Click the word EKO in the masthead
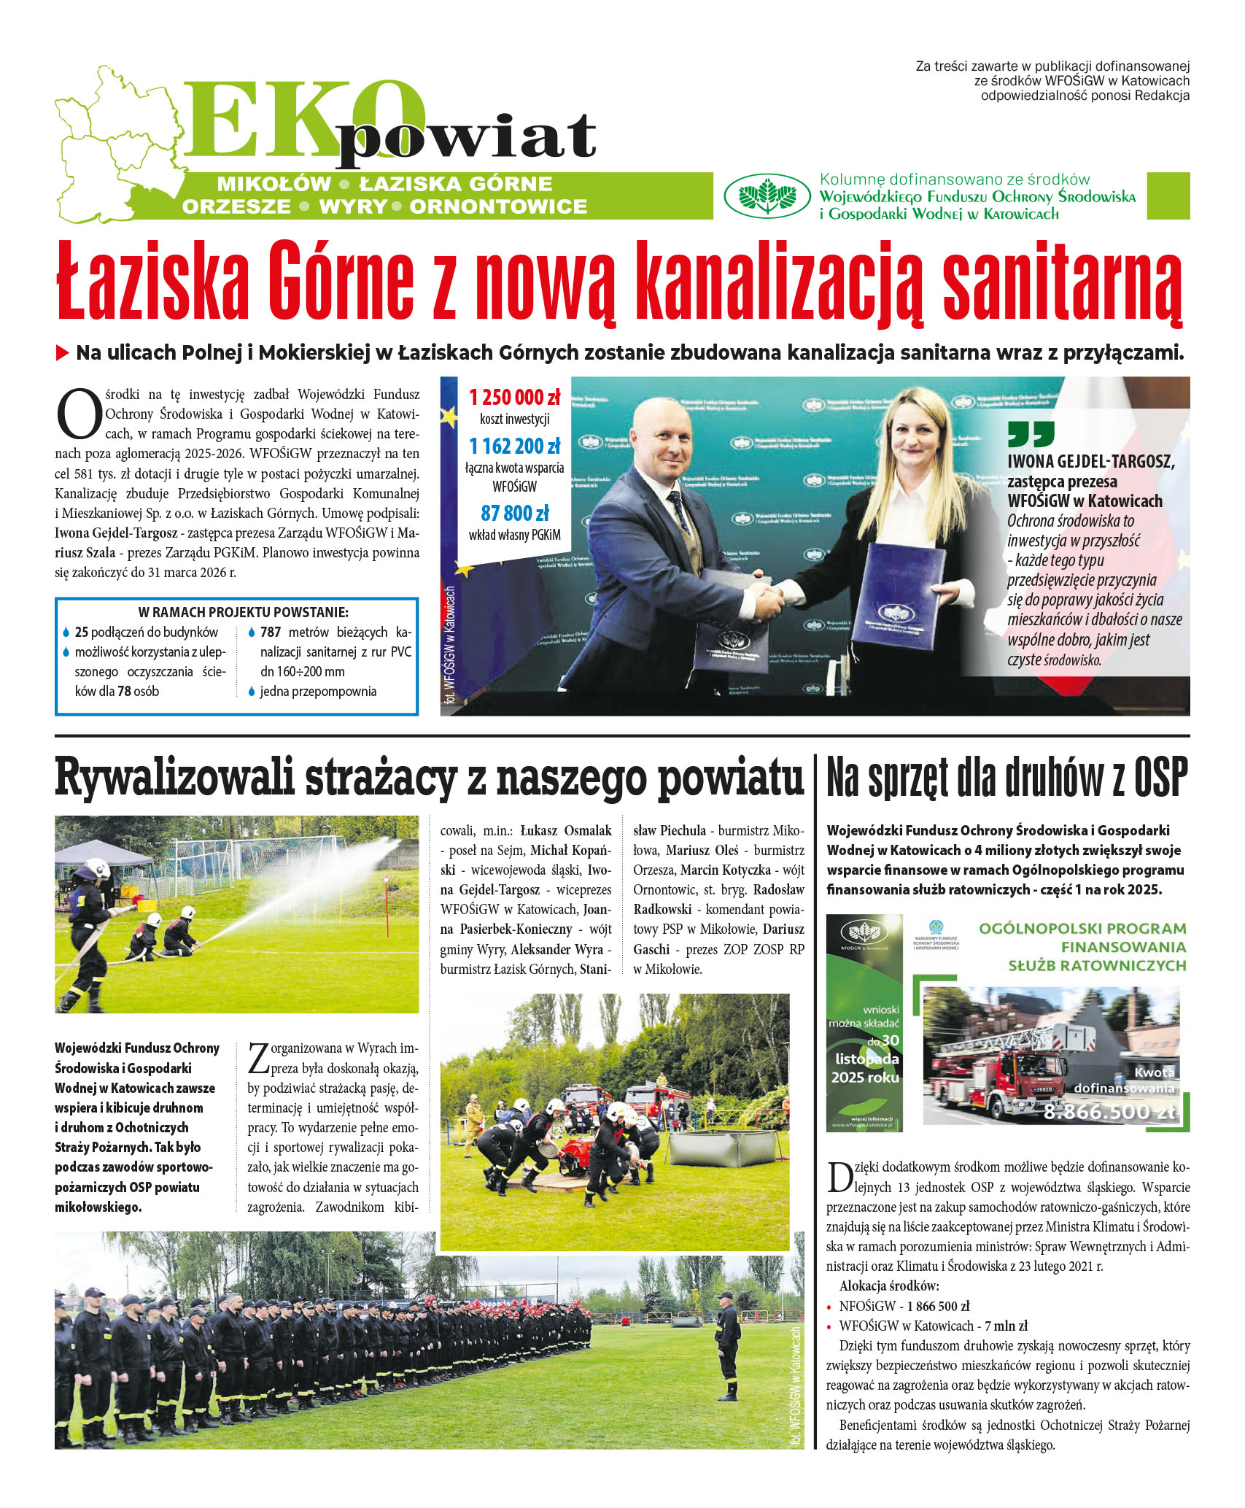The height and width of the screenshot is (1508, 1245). click(x=303, y=120)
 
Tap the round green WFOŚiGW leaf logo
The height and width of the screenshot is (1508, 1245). click(x=767, y=196)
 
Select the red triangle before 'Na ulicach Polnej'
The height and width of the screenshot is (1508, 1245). click(x=63, y=353)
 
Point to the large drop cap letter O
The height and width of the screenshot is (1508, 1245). click(x=78, y=414)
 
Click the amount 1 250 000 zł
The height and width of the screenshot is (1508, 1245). click(x=514, y=398)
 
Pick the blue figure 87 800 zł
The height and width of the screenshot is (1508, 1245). click(x=514, y=513)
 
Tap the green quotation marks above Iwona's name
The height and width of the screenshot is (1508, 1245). click(x=1031, y=434)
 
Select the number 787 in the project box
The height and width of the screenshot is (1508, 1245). click(x=270, y=633)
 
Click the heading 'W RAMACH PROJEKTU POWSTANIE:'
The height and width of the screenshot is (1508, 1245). click(x=243, y=612)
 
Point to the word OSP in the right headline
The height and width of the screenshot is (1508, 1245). click(x=1160, y=778)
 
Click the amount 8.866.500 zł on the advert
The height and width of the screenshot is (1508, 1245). click(x=1109, y=1112)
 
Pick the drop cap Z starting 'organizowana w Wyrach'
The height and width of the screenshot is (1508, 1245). click(x=259, y=1059)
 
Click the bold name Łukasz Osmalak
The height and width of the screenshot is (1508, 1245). click(x=565, y=830)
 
